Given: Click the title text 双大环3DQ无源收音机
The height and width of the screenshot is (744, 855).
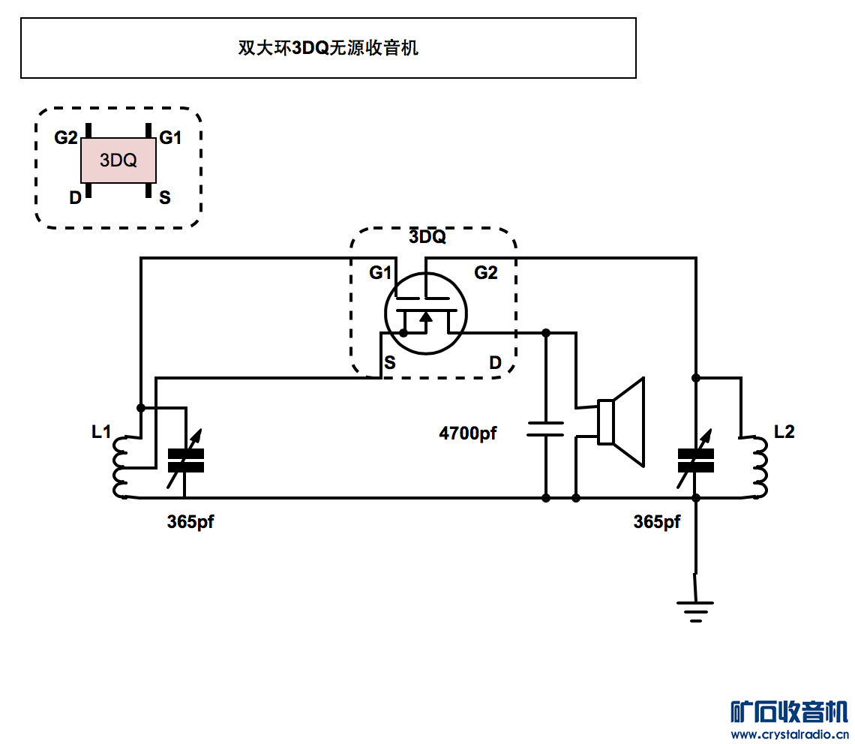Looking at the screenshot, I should tap(328, 48).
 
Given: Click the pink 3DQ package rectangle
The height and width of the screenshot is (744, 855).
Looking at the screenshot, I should tap(118, 160).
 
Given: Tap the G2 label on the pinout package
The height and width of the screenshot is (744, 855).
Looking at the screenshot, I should tap(66, 138).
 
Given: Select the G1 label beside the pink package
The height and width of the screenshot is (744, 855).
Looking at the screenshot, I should tap(170, 138).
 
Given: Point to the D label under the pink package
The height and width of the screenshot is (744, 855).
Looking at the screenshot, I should tap(75, 198).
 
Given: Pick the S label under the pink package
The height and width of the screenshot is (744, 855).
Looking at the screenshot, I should tap(165, 198).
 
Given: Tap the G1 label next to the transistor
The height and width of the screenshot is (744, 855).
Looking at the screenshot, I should tap(380, 273).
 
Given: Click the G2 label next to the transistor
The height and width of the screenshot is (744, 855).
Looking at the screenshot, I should tap(485, 273).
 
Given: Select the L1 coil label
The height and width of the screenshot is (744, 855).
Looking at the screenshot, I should tap(101, 432).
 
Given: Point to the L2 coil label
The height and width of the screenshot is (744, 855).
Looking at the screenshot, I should tap(784, 432).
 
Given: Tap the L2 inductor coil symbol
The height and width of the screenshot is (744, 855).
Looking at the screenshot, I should tap(760, 466).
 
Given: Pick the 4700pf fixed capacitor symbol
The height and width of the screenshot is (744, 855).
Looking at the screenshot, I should tap(545, 429).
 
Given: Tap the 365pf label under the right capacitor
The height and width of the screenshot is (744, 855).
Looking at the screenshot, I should tap(657, 522).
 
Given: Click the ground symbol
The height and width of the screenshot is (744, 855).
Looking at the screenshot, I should tap(695, 609).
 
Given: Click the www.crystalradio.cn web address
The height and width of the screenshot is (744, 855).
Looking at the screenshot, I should tap(790, 733).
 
